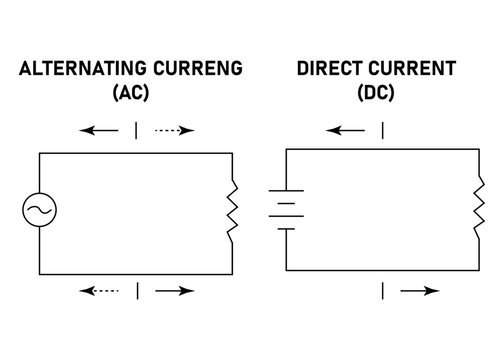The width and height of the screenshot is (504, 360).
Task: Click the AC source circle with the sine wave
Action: click(x=40, y=211)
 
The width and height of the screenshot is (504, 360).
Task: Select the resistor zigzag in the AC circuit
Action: click(x=232, y=211)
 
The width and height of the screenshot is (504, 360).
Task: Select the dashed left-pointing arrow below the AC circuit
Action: click(x=99, y=291)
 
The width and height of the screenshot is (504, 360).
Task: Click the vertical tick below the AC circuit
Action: click(x=138, y=291)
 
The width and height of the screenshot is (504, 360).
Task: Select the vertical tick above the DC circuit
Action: click(x=382, y=130)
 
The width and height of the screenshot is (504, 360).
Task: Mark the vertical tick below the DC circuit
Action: click(x=382, y=291)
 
